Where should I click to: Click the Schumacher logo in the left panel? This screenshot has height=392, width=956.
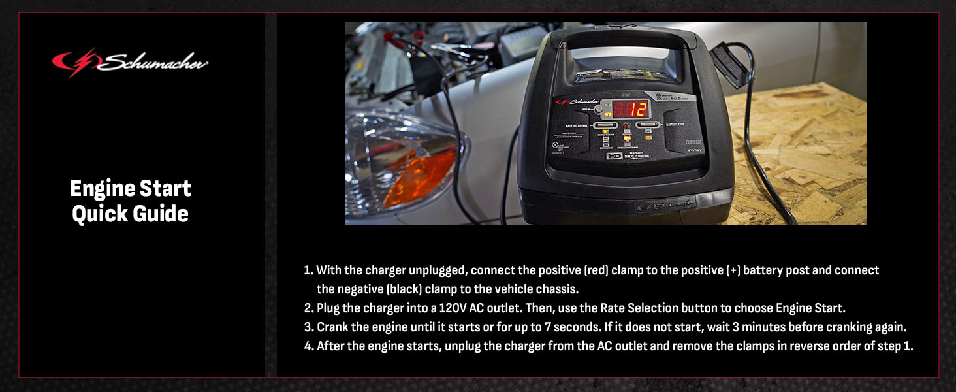click(130, 63)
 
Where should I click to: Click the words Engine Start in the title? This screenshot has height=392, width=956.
click(131, 189)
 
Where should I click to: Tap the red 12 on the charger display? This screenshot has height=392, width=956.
click(620, 109)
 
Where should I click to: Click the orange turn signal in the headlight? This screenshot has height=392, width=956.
click(421, 177)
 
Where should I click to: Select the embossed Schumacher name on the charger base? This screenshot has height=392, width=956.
click(666, 204)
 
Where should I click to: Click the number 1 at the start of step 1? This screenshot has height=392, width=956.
click(308, 270)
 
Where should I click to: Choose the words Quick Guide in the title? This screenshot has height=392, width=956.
click(131, 214)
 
